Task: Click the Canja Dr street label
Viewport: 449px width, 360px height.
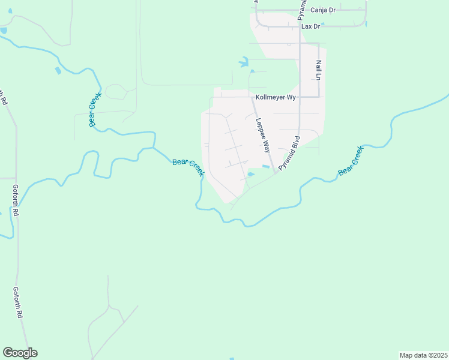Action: click(x=324, y=10)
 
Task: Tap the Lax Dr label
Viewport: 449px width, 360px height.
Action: click(x=311, y=26)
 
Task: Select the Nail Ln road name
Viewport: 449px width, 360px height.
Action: click(x=319, y=70)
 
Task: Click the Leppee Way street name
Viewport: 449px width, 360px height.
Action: click(x=262, y=127)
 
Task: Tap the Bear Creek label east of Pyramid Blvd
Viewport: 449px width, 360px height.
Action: click(x=351, y=161)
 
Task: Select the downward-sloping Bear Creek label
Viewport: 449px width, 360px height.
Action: click(x=188, y=167)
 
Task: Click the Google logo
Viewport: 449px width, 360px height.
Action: click(x=20, y=353)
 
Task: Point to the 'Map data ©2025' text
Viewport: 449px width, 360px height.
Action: click(x=423, y=355)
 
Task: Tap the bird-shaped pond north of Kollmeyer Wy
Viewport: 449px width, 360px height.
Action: click(x=244, y=62)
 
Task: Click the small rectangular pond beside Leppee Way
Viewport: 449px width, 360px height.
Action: click(x=265, y=166)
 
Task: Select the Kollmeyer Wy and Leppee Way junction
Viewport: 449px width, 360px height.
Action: click(x=252, y=97)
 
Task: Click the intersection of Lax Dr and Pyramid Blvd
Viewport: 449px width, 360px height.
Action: click(x=299, y=26)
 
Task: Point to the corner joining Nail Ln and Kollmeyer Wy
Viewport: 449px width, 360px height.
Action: click(x=319, y=97)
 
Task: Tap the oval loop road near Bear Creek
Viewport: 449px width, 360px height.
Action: click(x=116, y=91)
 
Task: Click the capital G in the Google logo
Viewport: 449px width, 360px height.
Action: click(x=8, y=353)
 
